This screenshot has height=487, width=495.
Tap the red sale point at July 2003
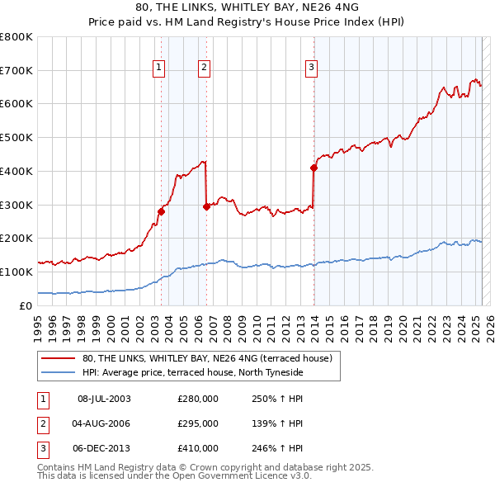pos(161,211)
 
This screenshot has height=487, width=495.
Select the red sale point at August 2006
pos(206,206)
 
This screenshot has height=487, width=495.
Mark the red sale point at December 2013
pos(313,168)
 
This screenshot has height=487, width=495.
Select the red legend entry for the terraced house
pos(206,358)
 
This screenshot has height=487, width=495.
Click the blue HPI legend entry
pos(193,372)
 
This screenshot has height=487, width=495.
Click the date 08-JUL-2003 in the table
pos(104,398)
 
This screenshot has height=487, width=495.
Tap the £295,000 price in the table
pos(198,423)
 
